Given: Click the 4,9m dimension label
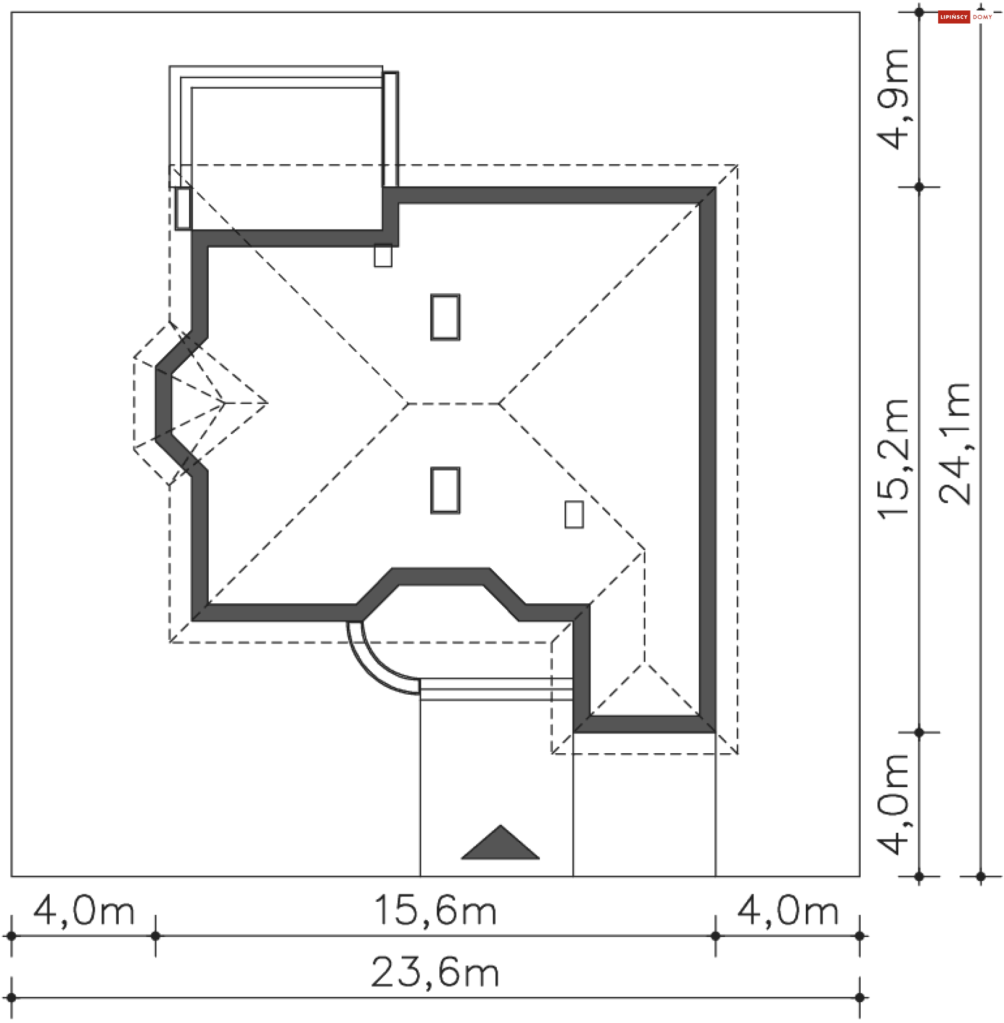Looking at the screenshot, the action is (x=893, y=100).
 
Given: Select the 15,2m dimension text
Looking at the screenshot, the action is (x=893, y=458).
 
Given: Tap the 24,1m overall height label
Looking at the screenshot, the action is (x=954, y=444).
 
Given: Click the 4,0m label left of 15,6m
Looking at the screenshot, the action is (x=84, y=910).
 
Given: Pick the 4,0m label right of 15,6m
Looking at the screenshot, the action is (x=788, y=910).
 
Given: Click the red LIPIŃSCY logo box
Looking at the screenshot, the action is (x=954, y=17).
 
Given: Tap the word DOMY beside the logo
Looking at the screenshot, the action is (x=983, y=17).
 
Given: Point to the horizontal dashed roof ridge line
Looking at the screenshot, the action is (x=453, y=404).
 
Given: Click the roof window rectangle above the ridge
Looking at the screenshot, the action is (x=446, y=317).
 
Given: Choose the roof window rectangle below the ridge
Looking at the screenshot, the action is (x=446, y=490).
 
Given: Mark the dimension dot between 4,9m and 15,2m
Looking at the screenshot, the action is (x=919, y=187).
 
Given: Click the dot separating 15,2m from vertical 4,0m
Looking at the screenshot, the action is (x=919, y=732).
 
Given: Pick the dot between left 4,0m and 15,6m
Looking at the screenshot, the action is (x=155, y=936).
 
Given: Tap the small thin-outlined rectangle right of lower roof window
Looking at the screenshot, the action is (x=574, y=514).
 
